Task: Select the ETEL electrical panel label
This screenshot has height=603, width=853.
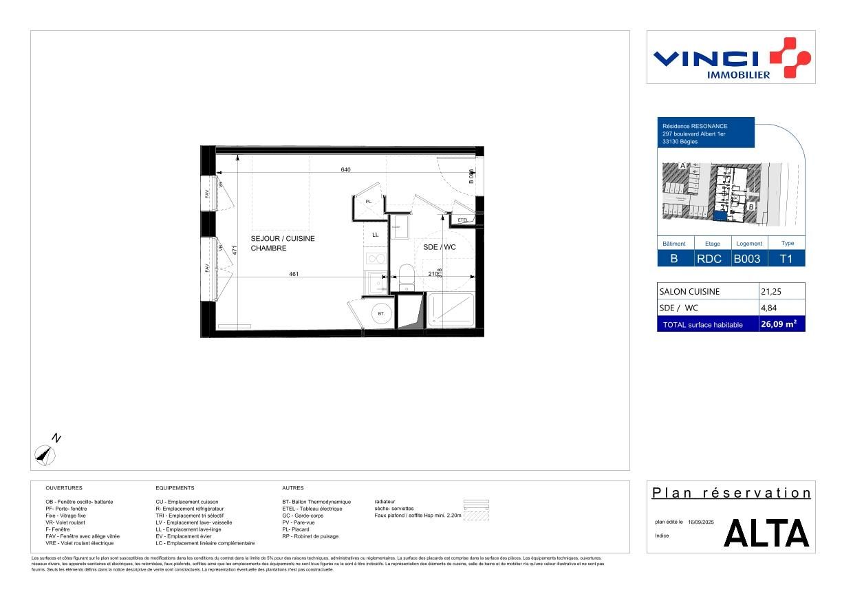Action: [x=463, y=220]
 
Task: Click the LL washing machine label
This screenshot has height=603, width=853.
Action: [x=376, y=235]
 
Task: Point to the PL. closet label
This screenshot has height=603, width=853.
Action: [x=369, y=201]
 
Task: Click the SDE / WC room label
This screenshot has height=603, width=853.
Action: [x=440, y=247]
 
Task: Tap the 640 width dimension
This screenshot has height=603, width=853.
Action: [x=345, y=169]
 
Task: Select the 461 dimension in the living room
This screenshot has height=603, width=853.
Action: [x=293, y=274]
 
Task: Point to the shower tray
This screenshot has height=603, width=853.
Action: [x=450, y=310]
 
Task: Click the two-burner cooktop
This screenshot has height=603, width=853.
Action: [x=376, y=259]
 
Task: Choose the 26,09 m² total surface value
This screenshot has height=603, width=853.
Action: [x=778, y=324]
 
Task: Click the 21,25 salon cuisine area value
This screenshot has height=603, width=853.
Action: [x=770, y=291]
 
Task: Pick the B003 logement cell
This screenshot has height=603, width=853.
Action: [x=746, y=259]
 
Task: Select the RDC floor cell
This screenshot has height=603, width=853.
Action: [x=709, y=259]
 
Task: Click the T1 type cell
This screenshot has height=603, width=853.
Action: [x=785, y=259]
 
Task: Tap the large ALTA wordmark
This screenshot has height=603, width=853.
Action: [x=766, y=533]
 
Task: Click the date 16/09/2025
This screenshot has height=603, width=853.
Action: [x=701, y=522]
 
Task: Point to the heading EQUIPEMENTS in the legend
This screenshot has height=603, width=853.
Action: [x=175, y=487]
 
